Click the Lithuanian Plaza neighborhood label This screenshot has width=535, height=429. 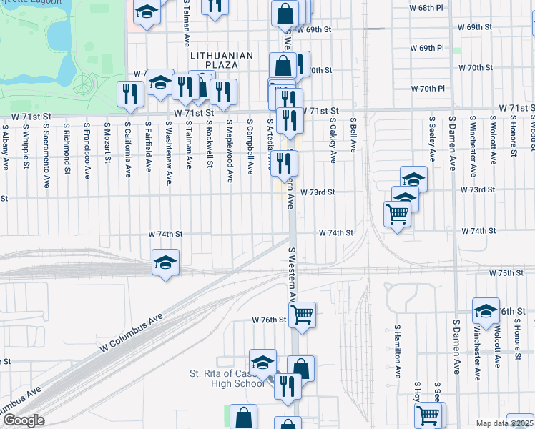pos(222,59)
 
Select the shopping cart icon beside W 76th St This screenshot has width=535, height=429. pos(303,314)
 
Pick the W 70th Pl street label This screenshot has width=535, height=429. pos(428,89)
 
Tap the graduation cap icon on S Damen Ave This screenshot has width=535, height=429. pos(486,310)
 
